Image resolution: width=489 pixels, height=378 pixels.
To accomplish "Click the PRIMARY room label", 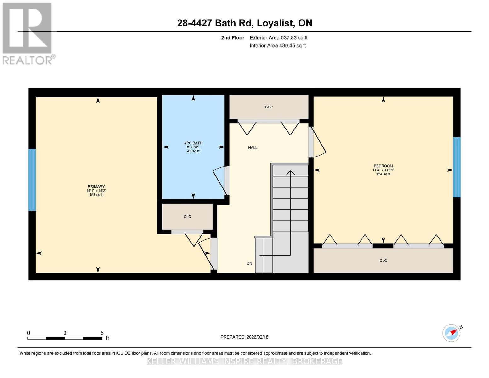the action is [96, 186].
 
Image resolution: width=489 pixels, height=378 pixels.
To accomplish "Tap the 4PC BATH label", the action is [193, 143].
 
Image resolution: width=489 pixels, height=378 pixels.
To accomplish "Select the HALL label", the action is [253, 148].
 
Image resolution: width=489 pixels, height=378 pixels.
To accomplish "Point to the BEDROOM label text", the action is [383, 166].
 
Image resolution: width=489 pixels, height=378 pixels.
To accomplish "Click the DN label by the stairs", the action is [249, 263].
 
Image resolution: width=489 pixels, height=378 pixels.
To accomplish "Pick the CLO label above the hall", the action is [269, 107].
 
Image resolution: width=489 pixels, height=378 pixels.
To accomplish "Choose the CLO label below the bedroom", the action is [383, 261].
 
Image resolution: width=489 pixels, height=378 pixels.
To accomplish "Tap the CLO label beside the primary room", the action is [187, 217].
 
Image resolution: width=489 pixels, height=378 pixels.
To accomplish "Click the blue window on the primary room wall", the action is [32, 180].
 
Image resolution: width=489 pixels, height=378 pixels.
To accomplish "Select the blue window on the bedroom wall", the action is [457, 167].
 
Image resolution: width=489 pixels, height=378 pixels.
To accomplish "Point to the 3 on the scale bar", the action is [65, 333].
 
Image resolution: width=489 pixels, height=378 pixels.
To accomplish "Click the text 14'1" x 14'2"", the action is [96, 191].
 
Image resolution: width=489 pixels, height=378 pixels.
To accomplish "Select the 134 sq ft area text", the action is [383, 174].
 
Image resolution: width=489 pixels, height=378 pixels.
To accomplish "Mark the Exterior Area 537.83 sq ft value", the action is [278, 38].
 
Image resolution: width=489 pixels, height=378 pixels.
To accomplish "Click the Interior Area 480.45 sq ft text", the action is [278, 46].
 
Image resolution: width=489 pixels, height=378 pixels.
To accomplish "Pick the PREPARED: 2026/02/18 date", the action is [244, 337].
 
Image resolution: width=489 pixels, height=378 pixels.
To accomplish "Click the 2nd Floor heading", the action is [232, 38].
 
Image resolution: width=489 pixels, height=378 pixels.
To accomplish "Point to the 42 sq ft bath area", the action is [193, 151].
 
